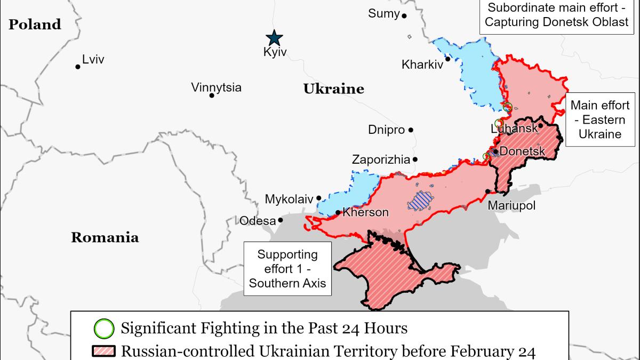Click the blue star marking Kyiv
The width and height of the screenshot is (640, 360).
275,38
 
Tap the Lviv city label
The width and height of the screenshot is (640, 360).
93,60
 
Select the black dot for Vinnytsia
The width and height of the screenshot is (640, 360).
212,95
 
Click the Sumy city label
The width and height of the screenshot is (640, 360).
383,13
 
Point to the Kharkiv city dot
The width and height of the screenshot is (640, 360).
448,59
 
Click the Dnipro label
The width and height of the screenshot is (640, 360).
386,130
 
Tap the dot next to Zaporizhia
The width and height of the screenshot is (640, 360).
415,159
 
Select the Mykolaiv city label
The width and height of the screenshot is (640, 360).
289,199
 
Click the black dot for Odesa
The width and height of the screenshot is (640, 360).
280,219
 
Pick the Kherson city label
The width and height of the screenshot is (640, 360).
365,212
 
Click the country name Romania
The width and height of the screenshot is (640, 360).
105,238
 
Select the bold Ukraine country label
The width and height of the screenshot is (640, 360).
333,89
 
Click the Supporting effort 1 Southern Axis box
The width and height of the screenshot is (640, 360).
287,268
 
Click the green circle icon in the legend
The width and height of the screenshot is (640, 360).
103,327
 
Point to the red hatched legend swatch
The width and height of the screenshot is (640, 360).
103,351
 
